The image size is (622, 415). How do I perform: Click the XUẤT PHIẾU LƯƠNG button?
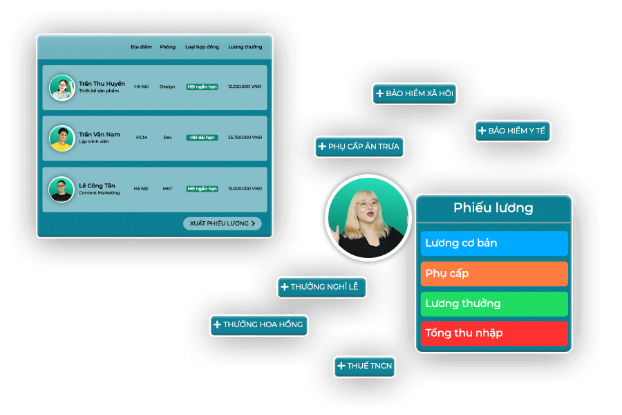222,223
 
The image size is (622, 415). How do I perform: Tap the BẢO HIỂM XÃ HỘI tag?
415,94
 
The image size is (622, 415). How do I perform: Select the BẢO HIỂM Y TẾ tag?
513,131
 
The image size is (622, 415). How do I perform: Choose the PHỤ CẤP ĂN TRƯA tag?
359,147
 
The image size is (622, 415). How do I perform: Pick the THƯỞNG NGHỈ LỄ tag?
321,287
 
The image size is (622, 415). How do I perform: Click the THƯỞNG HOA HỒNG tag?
258,325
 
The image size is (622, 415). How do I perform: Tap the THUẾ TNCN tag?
364,366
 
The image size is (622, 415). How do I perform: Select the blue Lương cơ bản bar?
494,243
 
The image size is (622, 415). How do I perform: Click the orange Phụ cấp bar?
494,274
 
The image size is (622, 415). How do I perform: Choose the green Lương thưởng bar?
494,304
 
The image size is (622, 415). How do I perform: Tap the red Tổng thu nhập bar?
494,333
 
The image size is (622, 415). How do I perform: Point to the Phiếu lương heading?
493,207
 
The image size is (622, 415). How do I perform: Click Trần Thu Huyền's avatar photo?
62,88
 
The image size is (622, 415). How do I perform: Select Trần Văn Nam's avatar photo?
62,138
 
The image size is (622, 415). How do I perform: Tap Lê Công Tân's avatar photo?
62,190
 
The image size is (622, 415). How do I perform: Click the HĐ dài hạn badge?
202,138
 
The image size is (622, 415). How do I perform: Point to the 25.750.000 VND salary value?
245,138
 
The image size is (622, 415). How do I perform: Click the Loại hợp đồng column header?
202,47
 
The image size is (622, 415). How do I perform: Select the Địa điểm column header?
141,47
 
